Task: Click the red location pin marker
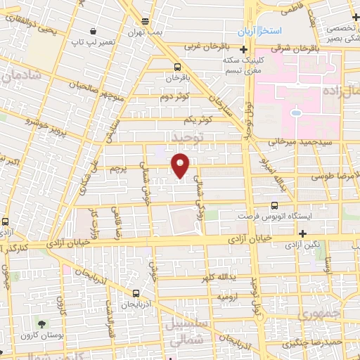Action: [x=181, y=165]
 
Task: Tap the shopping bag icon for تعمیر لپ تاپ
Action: [x=94, y=31]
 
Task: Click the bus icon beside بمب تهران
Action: [x=145, y=21]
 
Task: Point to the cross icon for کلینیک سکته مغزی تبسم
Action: [x=243, y=49]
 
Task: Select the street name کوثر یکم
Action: [x=199, y=119]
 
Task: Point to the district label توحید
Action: [x=184, y=136]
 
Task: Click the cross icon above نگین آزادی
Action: [x=302, y=233]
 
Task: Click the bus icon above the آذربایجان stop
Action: [x=136, y=293]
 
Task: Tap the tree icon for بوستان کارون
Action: [x=43, y=324]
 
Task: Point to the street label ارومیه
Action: [x=225, y=297]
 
